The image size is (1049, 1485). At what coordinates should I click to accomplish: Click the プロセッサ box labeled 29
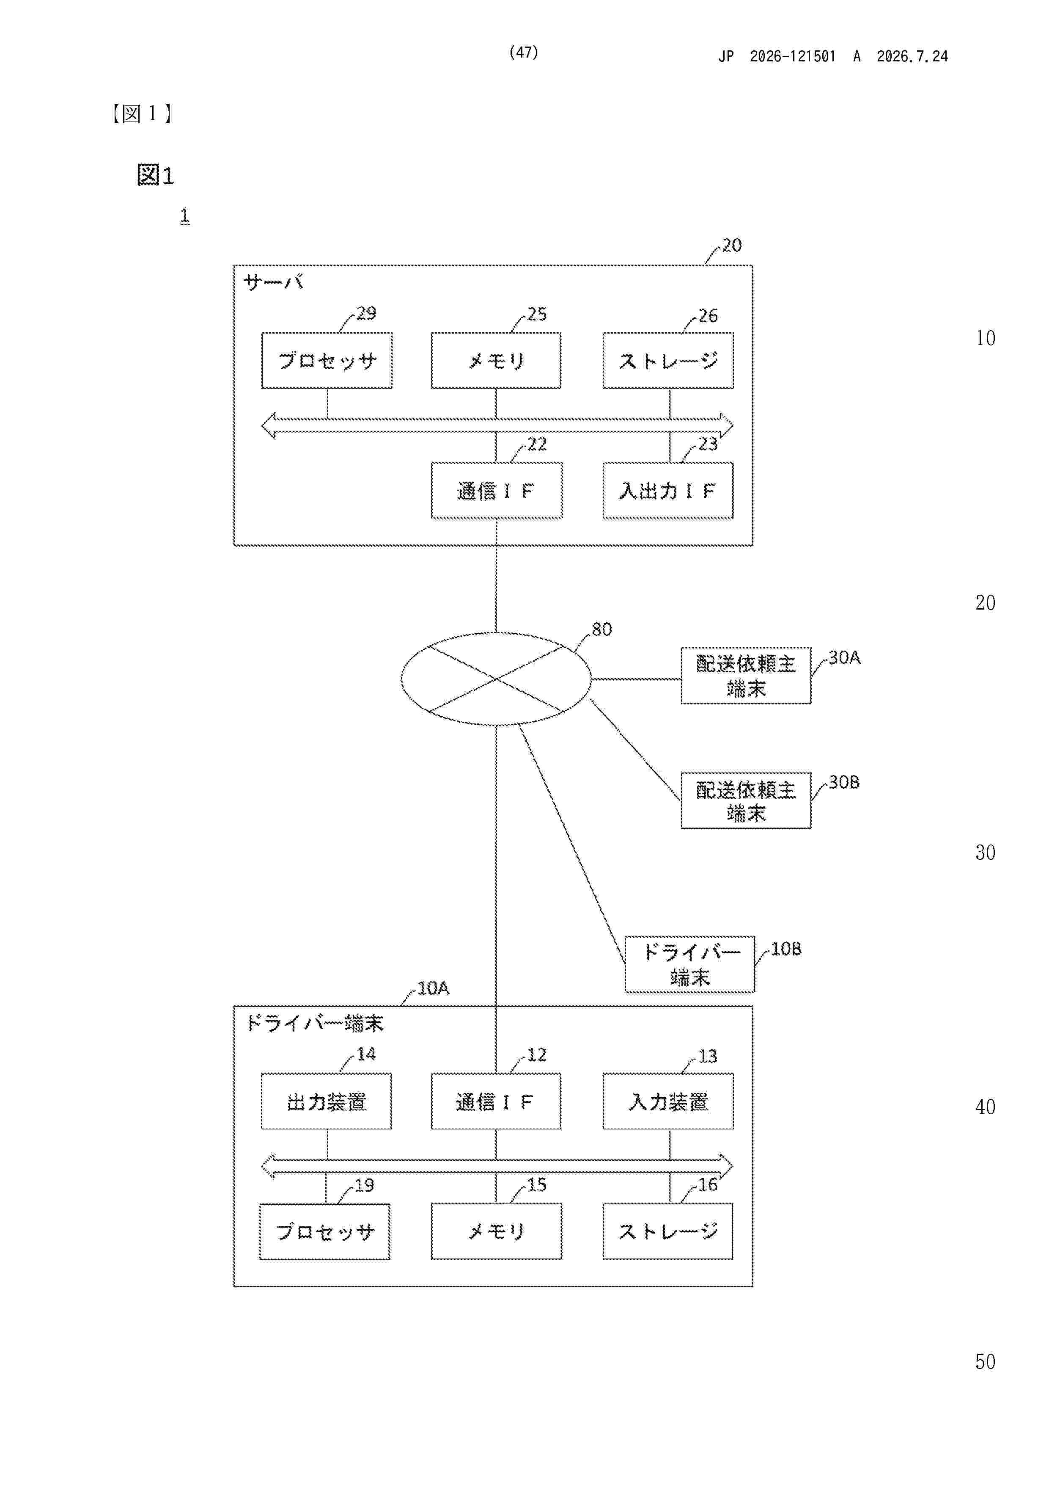pos(327,360)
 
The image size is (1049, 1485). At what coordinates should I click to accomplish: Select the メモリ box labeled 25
pos(496,360)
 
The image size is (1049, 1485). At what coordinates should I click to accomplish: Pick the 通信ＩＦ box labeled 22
pos(497,490)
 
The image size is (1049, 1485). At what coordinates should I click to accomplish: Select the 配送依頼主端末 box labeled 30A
pos(746,675)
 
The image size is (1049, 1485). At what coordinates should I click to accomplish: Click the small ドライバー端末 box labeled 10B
pos(689,964)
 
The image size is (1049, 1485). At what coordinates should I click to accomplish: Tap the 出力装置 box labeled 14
pos(327,1101)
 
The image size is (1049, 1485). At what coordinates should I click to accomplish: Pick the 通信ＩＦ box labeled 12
pos(496,1101)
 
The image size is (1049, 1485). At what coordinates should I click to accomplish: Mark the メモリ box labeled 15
pos(497,1231)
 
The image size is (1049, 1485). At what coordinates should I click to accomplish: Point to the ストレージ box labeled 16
pos(667,1231)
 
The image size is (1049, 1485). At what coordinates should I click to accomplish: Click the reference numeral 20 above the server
pos(732,245)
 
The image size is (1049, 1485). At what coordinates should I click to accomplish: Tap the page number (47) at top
pos(524,52)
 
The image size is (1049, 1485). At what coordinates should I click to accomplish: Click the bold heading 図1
pos(155,175)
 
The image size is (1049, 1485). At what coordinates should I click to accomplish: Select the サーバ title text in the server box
pos(273,282)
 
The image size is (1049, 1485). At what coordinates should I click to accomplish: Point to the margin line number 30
pos(985,853)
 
